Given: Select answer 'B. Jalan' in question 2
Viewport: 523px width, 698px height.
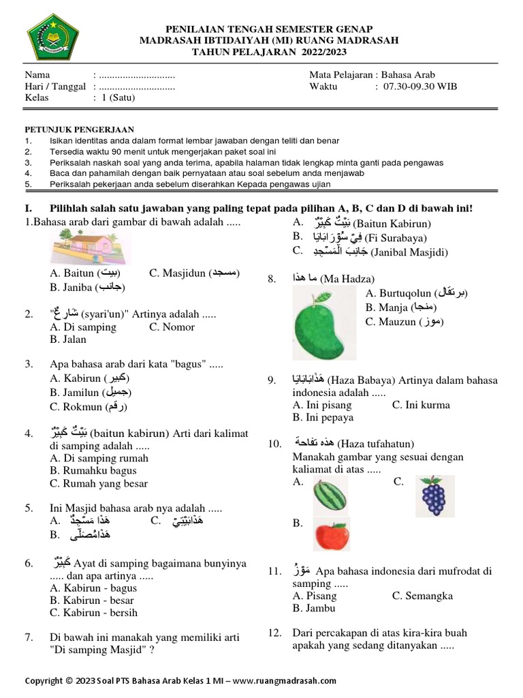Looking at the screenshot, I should [68, 339].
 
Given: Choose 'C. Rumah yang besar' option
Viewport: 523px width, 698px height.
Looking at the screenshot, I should [99, 483].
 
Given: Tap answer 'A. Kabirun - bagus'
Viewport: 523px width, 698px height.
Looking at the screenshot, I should [93, 588].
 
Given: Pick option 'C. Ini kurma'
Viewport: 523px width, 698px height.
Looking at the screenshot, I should [421, 405].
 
